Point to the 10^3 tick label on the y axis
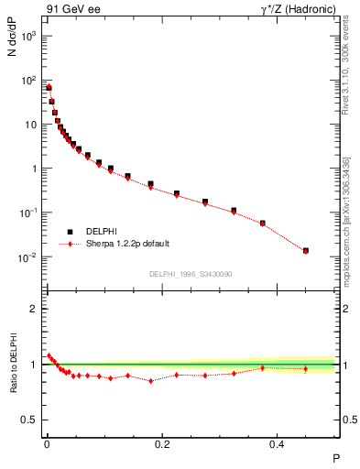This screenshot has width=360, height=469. [27, 36]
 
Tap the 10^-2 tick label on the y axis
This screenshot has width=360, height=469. [27, 257]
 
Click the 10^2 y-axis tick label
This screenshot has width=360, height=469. [27, 81]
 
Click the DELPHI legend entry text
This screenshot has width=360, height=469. [103, 232]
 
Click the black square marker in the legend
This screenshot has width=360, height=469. [68, 232]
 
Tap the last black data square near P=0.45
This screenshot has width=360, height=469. [306, 250]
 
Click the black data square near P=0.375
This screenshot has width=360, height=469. [263, 223]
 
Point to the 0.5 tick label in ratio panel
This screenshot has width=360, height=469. [29, 420]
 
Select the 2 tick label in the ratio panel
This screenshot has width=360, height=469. [33, 309]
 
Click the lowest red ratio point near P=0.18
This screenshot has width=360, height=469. [150, 380]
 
